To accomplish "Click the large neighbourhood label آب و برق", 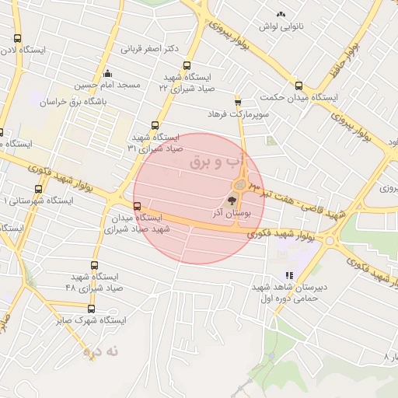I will [218, 162].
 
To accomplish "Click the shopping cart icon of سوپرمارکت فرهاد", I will [237, 101].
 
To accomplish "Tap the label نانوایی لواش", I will [280, 26].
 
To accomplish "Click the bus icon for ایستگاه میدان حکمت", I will [298, 86].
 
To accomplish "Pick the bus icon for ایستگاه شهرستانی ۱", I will [39, 189].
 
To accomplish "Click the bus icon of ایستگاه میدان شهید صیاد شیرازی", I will [138, 206].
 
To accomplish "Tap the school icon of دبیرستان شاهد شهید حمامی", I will [289, 275].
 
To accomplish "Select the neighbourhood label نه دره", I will [104, 351].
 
